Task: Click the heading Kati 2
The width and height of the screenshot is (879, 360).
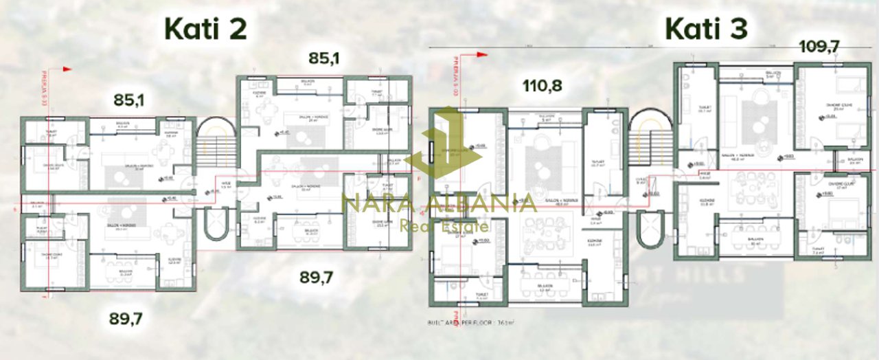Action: [x=205, y=30]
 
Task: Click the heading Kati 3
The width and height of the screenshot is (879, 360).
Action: [x=706, y=30]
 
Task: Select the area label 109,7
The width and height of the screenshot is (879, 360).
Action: [x=820, y=47]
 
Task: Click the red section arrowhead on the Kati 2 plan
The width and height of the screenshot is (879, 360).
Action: [x=67, y=69]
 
